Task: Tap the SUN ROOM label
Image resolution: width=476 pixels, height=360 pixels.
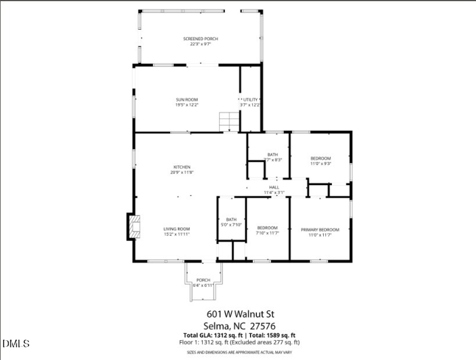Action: click(186, 99)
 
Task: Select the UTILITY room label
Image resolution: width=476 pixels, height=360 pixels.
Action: click(251, 99)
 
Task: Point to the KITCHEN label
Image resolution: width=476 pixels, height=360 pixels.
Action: click(181, 167)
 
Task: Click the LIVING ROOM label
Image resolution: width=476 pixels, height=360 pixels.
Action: click(177, 228)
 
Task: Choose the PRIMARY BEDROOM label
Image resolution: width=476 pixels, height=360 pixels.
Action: click(320, 230)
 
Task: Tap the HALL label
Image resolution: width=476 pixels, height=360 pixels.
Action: click(274, 187)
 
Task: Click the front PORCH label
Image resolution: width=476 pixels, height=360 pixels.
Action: click(203, 280)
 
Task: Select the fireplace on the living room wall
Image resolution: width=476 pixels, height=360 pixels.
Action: click(134, 227)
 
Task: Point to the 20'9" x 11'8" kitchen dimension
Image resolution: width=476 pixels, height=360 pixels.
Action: click(181, 173)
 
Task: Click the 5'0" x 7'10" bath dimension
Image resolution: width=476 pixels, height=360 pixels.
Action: click(231, 224)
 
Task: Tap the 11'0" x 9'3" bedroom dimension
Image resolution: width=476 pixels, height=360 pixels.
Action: click(320, 163)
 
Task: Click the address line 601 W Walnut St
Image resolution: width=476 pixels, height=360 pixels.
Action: click(241, 314)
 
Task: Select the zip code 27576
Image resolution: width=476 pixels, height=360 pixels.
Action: click(265, 325)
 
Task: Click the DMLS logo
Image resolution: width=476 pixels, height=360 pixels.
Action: click(16, 344)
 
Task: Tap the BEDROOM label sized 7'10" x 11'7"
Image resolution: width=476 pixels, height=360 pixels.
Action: click(267, 228)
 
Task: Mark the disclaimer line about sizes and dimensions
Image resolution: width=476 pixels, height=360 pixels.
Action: click(241, 352)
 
